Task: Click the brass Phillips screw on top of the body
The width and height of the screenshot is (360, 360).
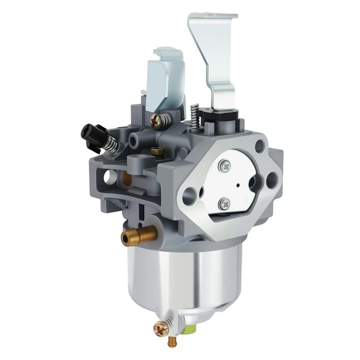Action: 157,121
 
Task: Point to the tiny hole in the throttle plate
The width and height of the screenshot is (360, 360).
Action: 238,186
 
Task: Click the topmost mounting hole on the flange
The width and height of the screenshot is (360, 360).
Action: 260,146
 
